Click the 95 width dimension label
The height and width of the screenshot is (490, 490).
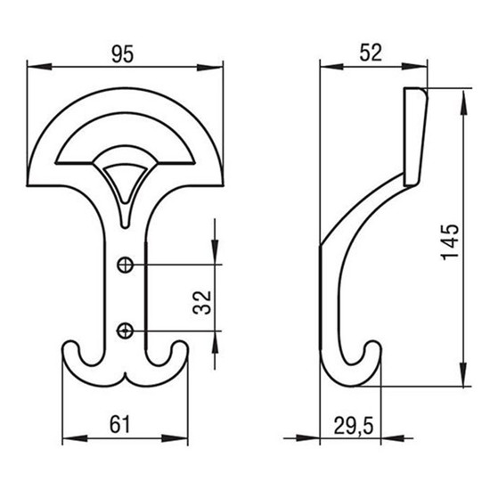point(123,54)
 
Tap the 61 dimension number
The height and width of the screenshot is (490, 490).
point(119,424)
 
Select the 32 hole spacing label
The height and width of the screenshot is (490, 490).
point(202,302)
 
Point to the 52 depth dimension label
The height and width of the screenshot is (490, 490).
point(371,53)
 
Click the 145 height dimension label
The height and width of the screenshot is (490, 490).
point(450,242)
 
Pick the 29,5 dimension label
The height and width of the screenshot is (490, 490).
point(354,426)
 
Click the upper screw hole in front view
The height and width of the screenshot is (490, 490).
point(125,265)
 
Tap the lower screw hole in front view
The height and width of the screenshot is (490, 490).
point(125,331)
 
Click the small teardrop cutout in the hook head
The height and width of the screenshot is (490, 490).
point(125,184)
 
